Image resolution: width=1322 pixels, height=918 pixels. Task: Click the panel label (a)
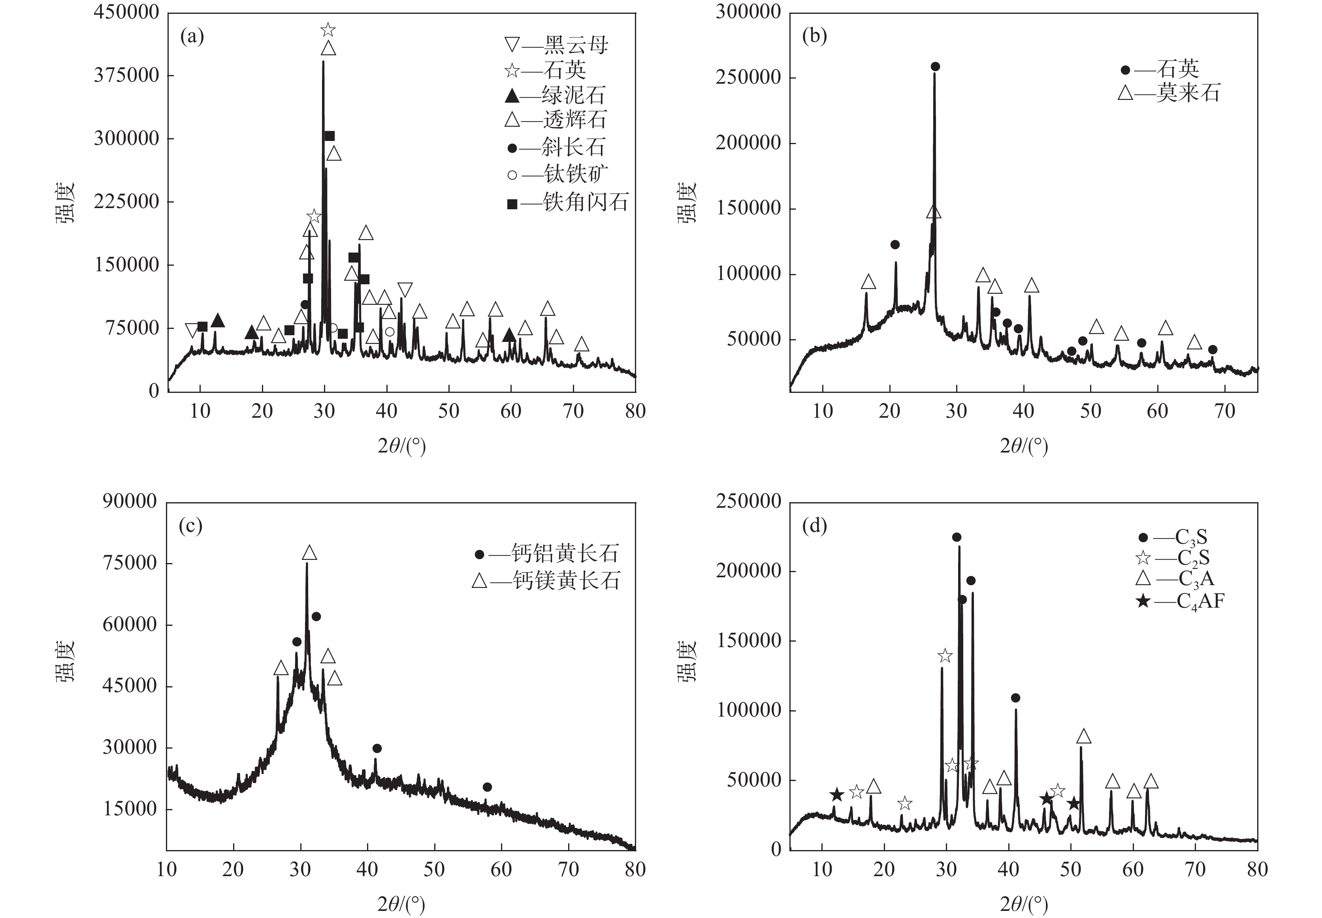point(192,37)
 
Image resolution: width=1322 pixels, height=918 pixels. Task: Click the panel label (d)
point(814,526)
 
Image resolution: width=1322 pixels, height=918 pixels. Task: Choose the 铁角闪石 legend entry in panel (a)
point(567,203)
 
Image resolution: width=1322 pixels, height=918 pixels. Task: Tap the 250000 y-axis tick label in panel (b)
point(748,77)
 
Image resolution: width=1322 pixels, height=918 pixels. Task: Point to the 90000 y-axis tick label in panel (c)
point(130,501)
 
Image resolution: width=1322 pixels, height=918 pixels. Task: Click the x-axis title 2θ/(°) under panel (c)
point(401,904)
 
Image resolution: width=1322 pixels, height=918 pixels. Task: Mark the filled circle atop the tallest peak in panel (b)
point(935,67)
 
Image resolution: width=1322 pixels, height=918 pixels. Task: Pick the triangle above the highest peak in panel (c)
point(309,553)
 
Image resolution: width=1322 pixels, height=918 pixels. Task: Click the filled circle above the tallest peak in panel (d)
point(957,537)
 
